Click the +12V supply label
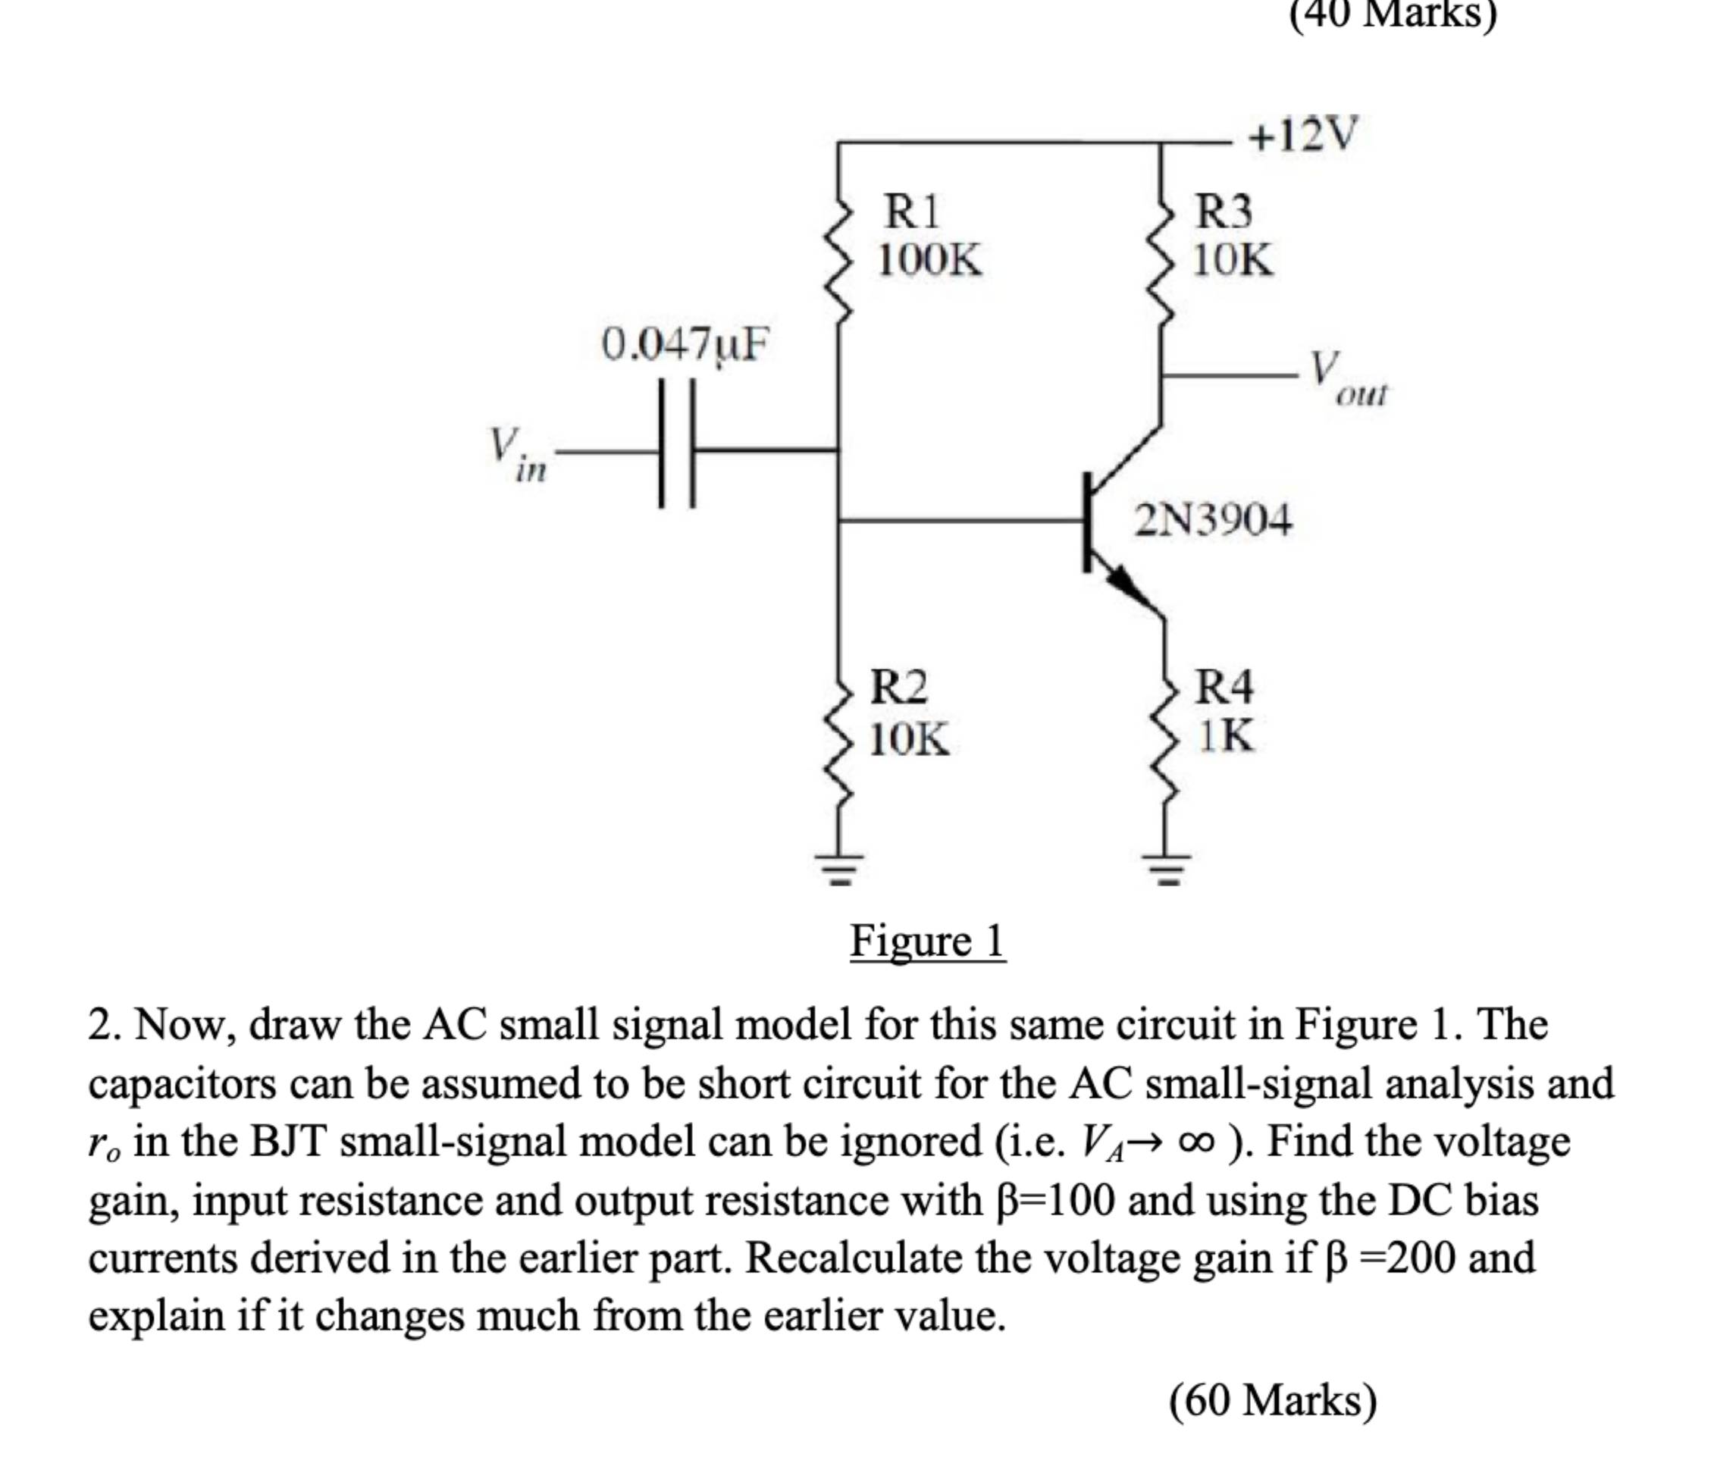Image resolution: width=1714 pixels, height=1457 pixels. pyautogui.click(x=1302, y=135)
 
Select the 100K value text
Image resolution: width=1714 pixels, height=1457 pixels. pyautogui.click(x=929, y=260)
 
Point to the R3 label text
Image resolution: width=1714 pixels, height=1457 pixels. pyautogui.click(x=1224, y=211)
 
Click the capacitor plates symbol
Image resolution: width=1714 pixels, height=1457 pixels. pyautogui.click(x=676, y=443)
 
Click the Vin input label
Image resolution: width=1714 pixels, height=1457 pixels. pyautogui.click(x=515, y=453)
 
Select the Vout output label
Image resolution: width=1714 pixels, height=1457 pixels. pyautogui.click(x=1346, y=378)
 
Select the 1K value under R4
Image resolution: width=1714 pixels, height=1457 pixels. pyautogui.click(x=1226, y=735)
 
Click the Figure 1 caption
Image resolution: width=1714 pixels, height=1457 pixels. pyautogui.click(x=927, y=941)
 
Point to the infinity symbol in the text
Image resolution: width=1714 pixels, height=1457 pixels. pyautogui.click(x=1198, y=1142)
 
